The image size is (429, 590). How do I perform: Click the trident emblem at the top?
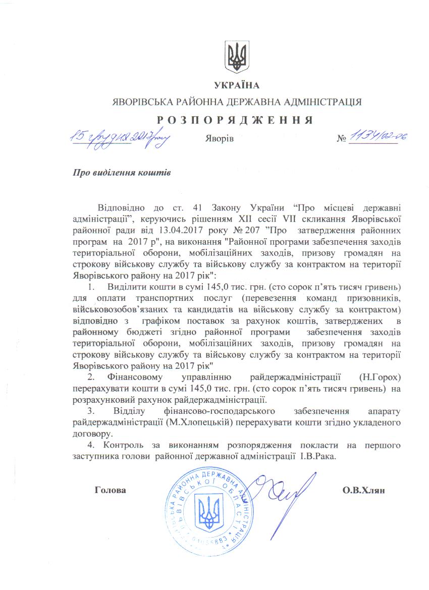click(x=236, y=57)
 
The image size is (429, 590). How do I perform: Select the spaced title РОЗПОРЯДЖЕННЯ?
click(x=236, y=120)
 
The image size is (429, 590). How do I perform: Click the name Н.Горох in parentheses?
click(x=379, y=377)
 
